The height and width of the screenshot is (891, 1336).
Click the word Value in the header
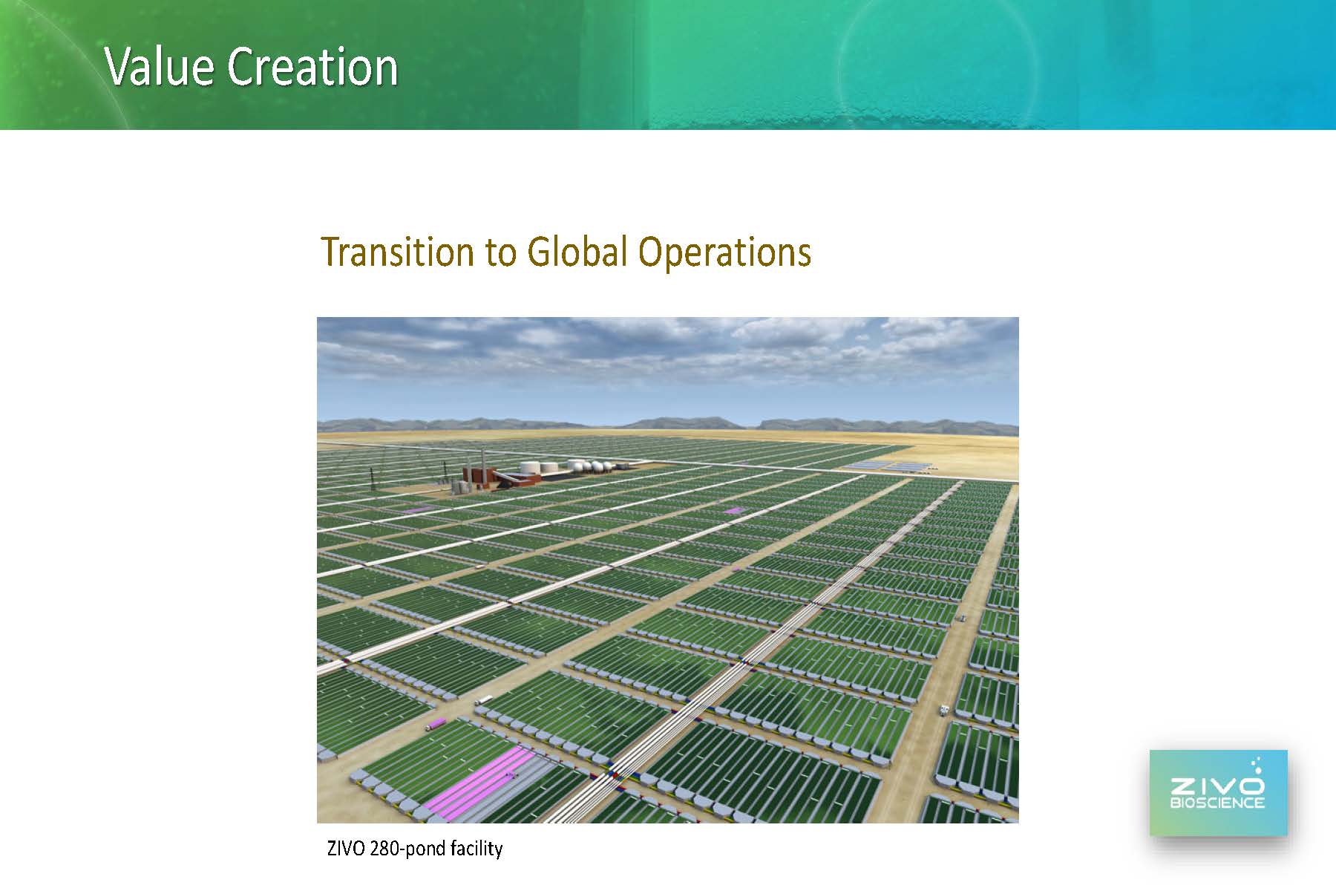pyautogui.click(x=160, y=67)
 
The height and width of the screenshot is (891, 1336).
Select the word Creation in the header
pyautogui.click(x=312, y=67)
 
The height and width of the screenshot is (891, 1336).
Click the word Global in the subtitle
pyautogui.click(x=577, y=252)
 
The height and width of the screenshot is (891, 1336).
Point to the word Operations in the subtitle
pyautogui.click(x=724, y=253)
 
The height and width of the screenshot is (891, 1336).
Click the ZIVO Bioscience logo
pyautogui.click(x=1218, y=793)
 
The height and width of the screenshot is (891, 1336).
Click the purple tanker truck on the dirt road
pyautogui.click(x=436, y=724)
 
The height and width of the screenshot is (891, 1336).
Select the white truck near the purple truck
pyautogui.click(x=483, y=699)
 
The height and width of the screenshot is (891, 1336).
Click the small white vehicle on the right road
pyautogui.click(x=943, y=710)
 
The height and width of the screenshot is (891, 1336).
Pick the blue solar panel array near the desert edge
pyautogui.click(x=890, y=466)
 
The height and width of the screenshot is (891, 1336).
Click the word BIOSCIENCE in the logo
pyautogui.click(x=1217, y=803)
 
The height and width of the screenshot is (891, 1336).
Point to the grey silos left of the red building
pyautogui.click(x=462, y=487)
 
